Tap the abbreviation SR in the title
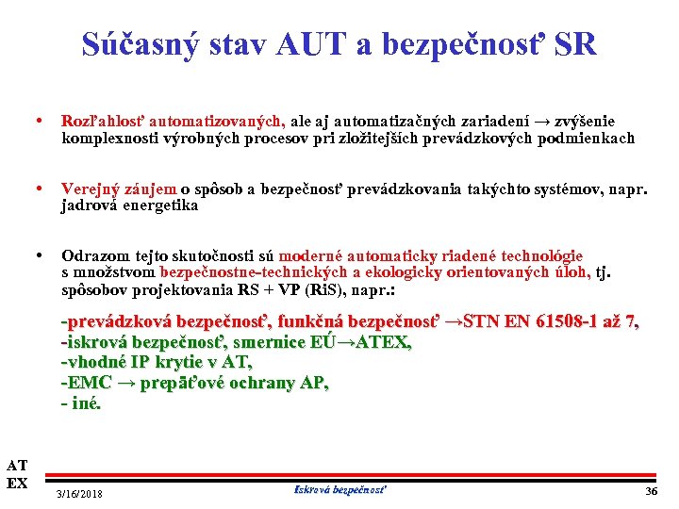click(x=574, y=44)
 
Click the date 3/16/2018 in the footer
click(x=80, y=495)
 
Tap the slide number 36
click(x=650, y=493)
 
